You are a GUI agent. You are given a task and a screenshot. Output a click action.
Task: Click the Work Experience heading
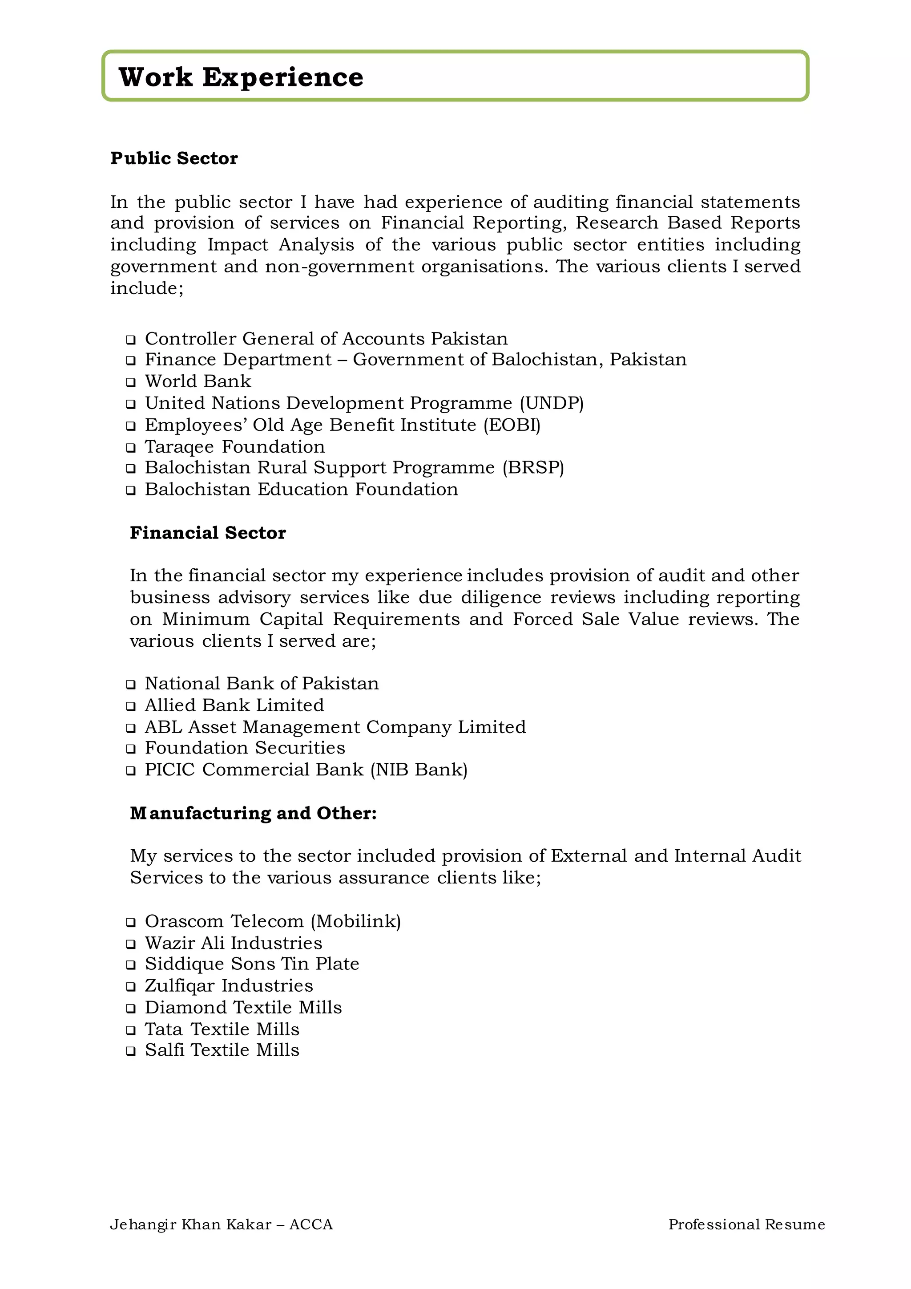(x=241, y=77)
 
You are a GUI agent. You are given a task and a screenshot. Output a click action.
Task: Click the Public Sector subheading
(x=174, y=158)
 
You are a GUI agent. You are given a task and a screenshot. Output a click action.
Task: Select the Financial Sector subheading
(x=208, y=532)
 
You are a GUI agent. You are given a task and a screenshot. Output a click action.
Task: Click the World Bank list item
(x=198, y=381)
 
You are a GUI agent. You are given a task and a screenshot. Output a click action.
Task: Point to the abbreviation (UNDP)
(x=552, y=403)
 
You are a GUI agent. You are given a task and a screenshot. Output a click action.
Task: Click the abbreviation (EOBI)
(x=512, y=425)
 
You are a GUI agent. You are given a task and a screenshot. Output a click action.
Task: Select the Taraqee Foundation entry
(x=234, y=447)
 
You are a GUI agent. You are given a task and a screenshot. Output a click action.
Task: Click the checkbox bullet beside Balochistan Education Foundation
(x=131, y=490)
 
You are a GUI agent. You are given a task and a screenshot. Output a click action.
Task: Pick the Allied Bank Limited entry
(x=234, y=705)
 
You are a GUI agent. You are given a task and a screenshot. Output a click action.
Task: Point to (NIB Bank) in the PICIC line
(x=419, y=770)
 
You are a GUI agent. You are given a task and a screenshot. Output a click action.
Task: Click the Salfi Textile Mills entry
(x=222, y=1050)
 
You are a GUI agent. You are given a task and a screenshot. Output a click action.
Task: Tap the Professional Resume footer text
(x=746, y=1224)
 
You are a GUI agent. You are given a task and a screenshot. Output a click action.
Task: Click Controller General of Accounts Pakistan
(x=326, y=339)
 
